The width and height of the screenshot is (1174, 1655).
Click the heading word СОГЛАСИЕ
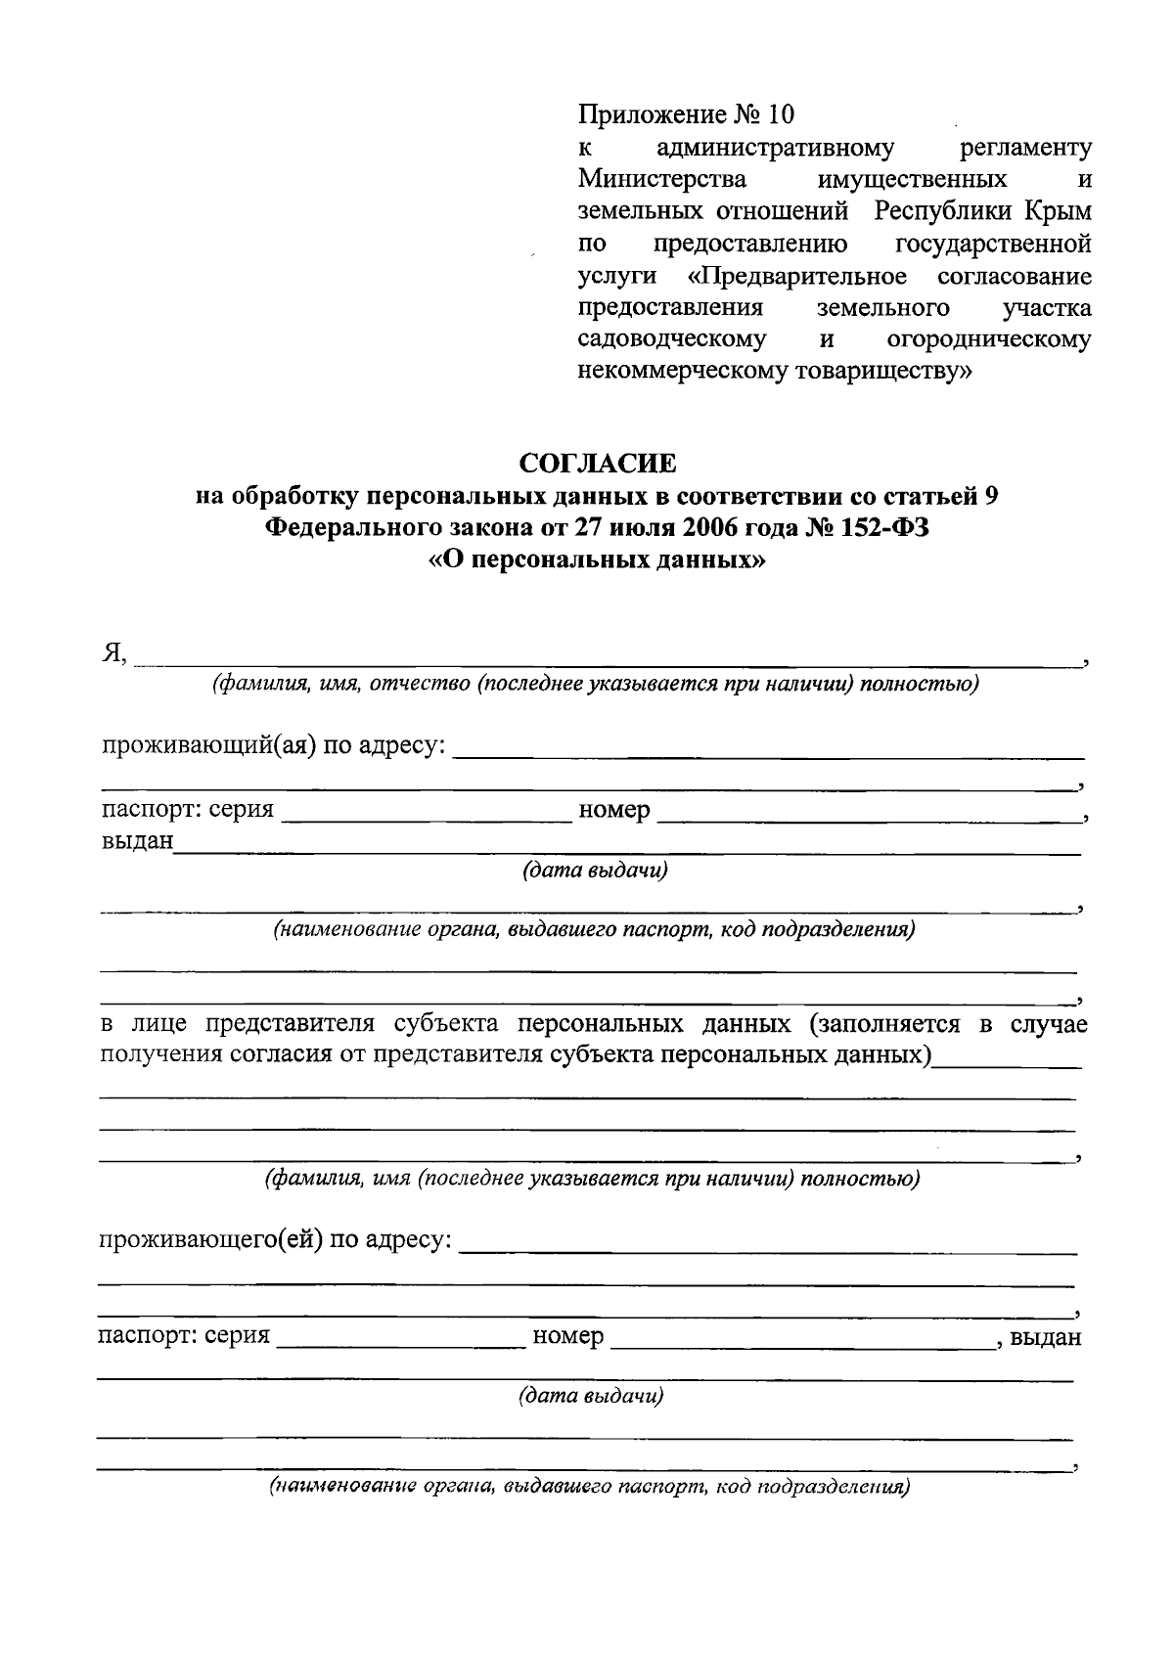[x=597, y=462]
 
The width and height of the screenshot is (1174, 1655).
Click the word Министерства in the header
[x=662, y=180]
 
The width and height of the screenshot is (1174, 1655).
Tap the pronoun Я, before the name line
[x=114, y=653]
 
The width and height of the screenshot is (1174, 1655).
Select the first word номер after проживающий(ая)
[x=614, y=810]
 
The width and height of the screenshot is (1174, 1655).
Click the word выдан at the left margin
[x=138, y=840]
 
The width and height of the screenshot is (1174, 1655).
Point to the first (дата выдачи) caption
[x=595, y=871]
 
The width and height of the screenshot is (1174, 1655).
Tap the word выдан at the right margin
[x=1046, y=1336]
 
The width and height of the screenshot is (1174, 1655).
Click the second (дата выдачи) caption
[x=591, y=1396]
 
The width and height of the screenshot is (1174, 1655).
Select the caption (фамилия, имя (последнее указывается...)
[x=592, y=1179]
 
